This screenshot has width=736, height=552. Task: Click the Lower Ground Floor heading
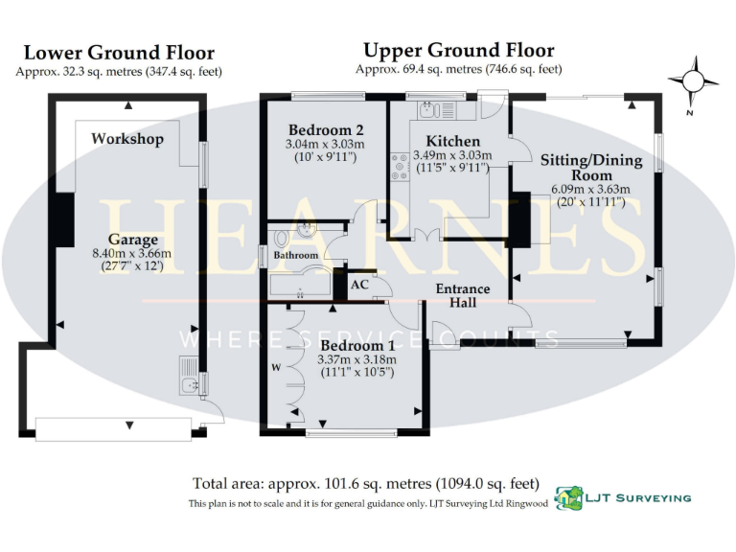coord(119,53)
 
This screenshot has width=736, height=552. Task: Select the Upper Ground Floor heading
coord(458,50)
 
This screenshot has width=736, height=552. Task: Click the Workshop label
coord(127,139)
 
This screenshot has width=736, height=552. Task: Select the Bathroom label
coord(295,256)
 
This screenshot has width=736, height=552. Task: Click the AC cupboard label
coord(360,285)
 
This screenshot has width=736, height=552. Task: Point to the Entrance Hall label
coord(463,295)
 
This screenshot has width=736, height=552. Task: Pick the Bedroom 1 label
coord(356,345)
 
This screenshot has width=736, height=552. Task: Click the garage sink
coord(187,381)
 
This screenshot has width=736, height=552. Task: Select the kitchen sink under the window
coord(425,109)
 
